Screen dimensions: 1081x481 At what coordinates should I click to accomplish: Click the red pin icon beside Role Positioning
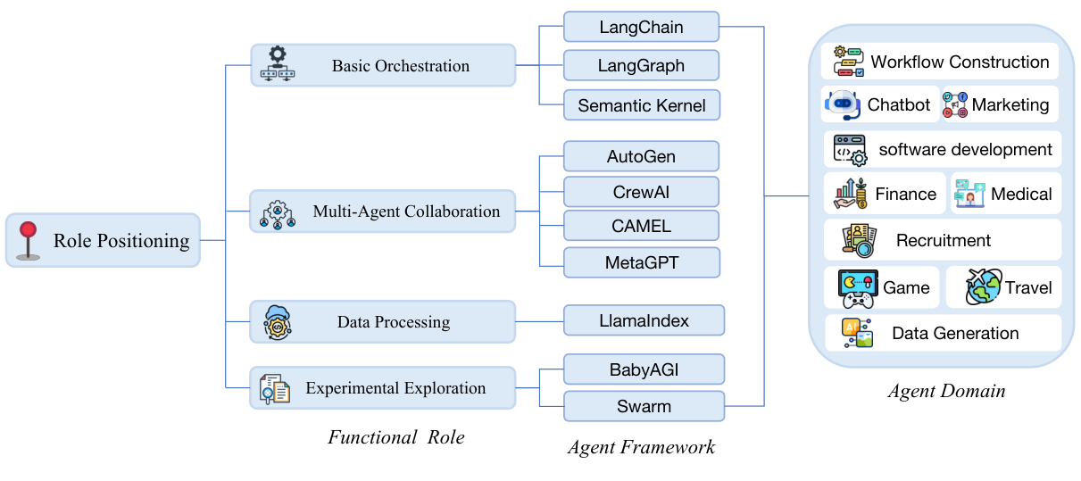pos(28,241)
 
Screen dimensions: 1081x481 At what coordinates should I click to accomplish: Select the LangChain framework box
pos(641,27)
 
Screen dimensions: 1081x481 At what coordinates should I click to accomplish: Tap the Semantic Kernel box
pos(642,105)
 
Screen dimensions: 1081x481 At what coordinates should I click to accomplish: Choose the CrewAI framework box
pos(641,192)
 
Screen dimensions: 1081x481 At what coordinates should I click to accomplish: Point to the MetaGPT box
pos(642,262)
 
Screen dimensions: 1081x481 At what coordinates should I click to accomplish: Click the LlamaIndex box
pos(644,320)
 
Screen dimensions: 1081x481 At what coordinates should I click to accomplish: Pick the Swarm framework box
pos(644,406)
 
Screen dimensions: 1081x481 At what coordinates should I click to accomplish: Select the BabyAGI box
pos(644,369)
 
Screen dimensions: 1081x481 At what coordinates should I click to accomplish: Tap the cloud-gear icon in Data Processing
pos(278,322)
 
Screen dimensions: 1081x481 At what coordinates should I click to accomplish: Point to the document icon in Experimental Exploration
pos(275,389)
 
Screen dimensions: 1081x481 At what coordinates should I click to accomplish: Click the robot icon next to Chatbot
pos(843,104)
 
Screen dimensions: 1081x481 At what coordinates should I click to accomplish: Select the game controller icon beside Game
pos(858,288)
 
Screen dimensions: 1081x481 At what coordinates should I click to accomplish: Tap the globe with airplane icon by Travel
pos(983,286)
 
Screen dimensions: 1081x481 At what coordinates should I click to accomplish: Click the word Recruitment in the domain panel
pos(944,240)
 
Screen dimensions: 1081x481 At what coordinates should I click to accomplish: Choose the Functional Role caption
pos(396,437)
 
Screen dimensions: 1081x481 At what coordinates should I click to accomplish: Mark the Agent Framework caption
pos(641,447)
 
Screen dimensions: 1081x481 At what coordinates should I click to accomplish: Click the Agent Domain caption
pos(947,391)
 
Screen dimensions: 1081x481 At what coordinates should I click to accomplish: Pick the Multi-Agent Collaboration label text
pos(406,211)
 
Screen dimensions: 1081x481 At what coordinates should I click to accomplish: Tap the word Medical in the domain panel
pos(1021,194)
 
